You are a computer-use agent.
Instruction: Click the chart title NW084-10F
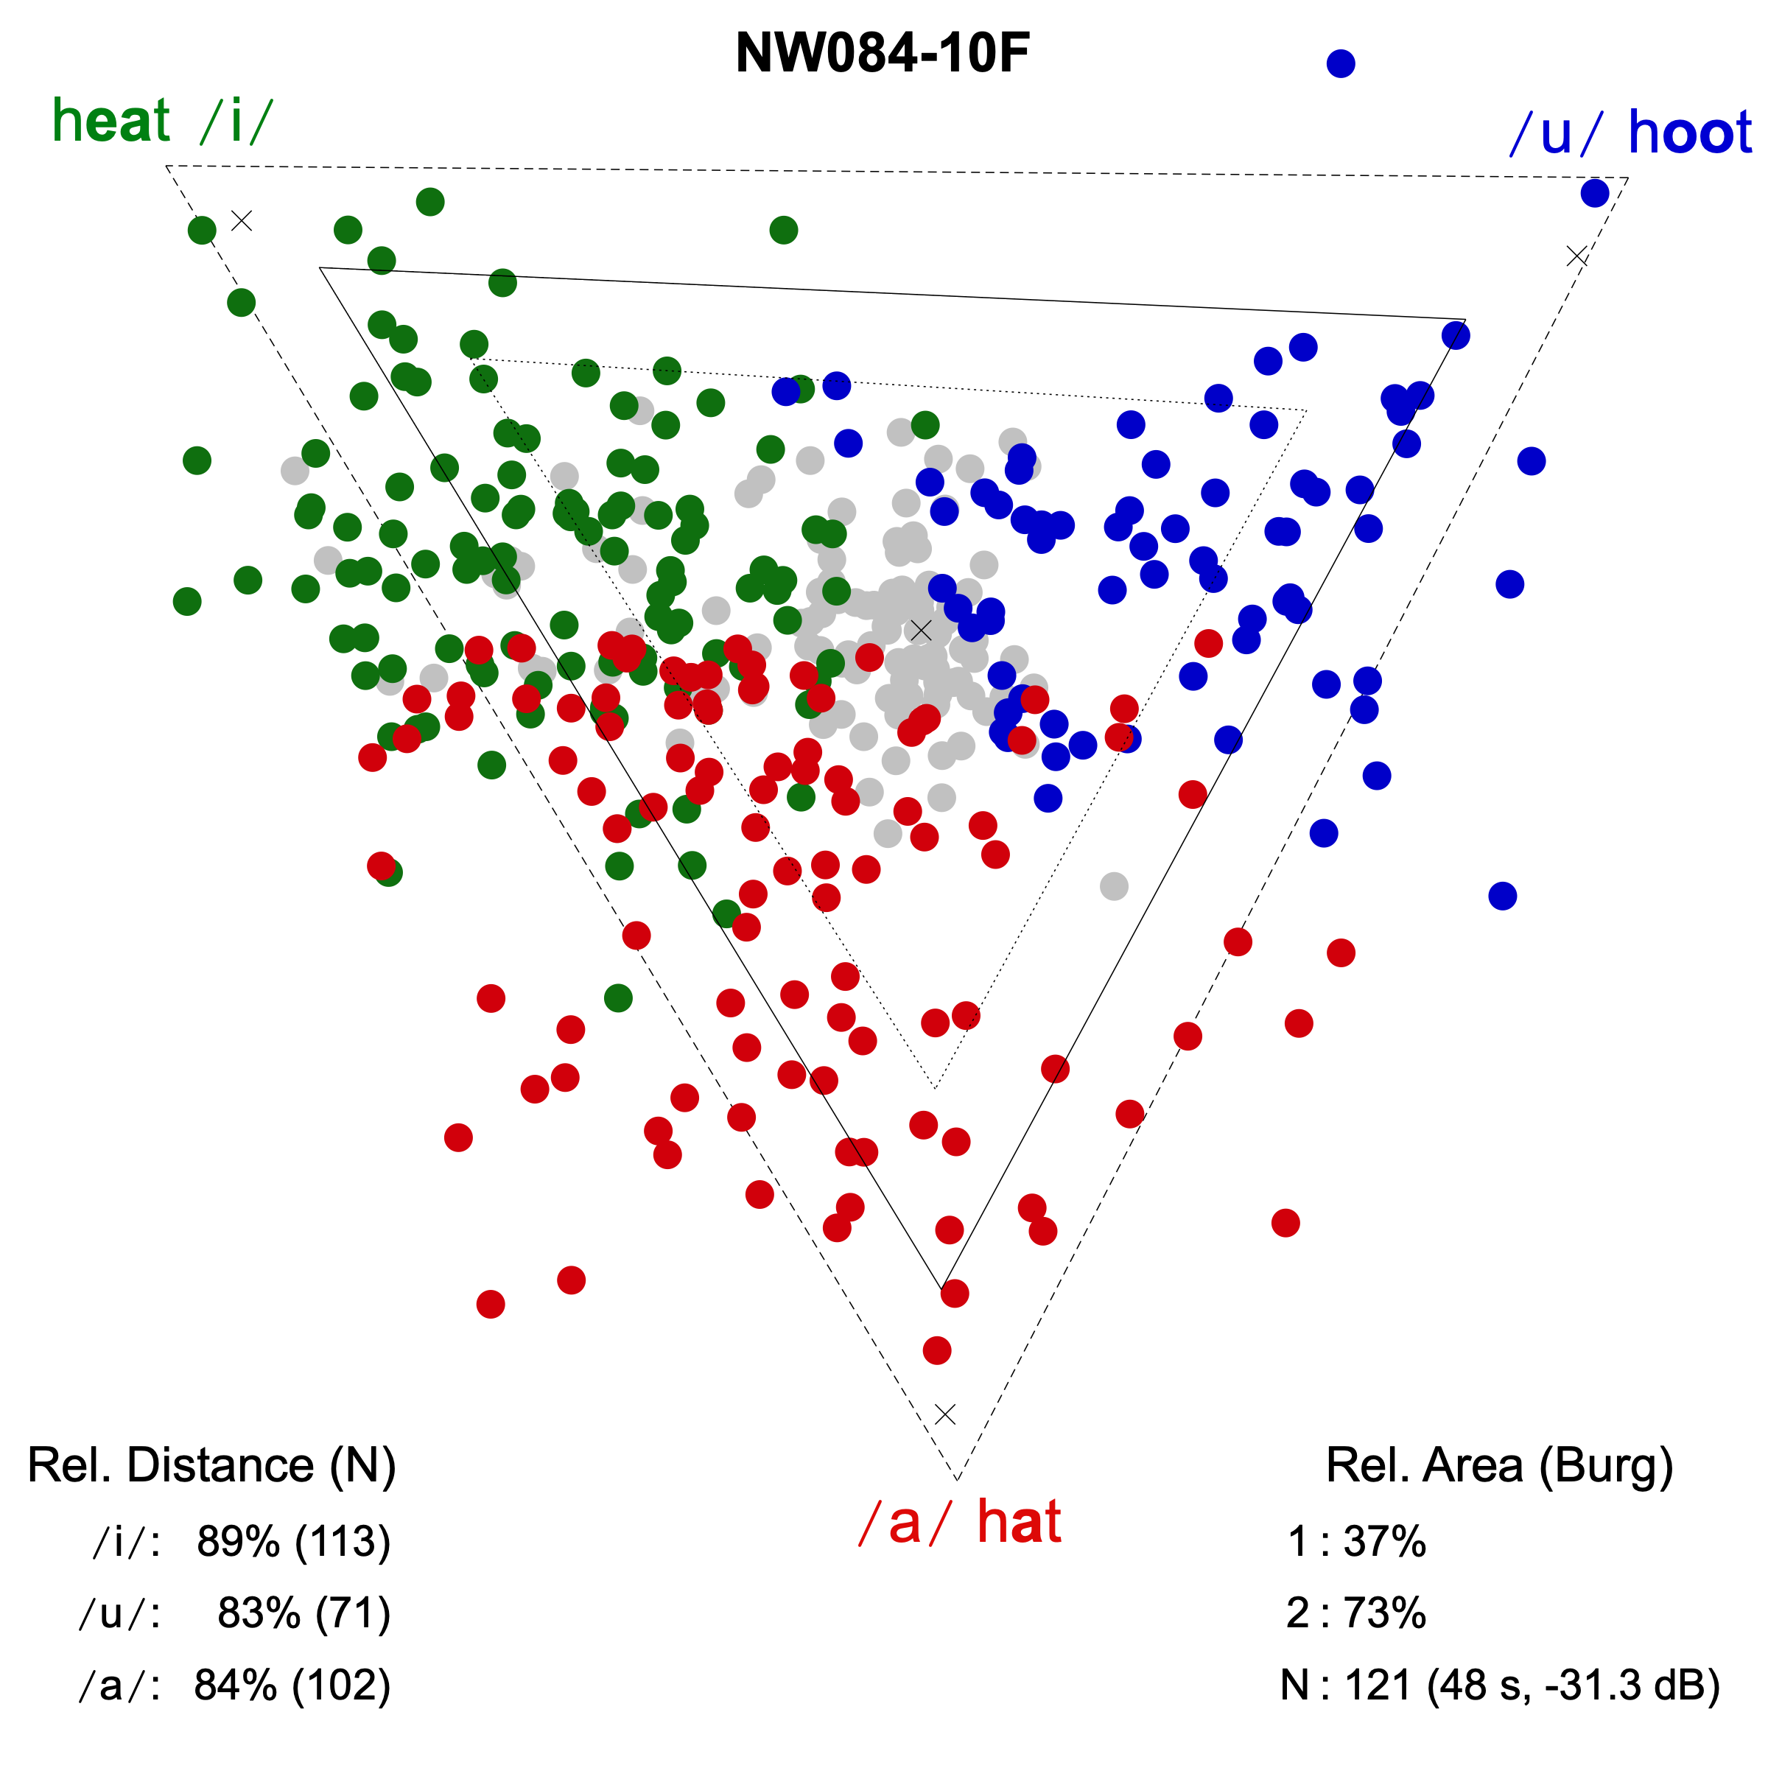(883, 53)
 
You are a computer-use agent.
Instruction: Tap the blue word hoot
(1689, 133)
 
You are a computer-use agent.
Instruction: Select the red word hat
(1019, 1523)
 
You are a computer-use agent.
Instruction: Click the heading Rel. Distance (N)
(211, 1465)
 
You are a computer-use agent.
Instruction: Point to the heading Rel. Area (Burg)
(1499, 1465)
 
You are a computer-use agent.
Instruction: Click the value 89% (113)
(293, 1542)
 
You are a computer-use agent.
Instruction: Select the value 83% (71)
(304, 1613)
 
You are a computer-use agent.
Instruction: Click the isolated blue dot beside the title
(1341, 63)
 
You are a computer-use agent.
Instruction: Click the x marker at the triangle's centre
(921, 631)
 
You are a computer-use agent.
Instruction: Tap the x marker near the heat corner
(242, 220)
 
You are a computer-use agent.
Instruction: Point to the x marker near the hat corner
(945, 1414)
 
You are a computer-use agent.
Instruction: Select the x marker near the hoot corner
(1576, 256)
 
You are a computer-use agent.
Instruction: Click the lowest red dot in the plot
(937, 1350)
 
